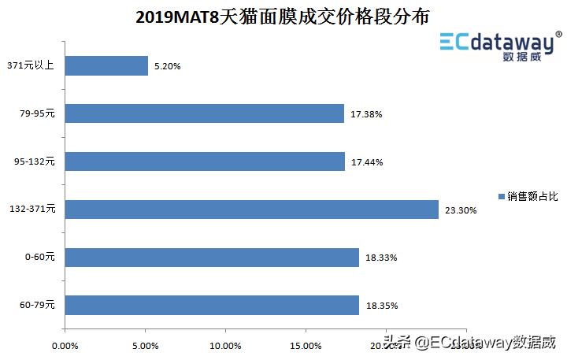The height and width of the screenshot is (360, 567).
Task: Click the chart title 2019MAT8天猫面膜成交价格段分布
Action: [283, 17]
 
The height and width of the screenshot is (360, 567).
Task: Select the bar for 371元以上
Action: [106, 66]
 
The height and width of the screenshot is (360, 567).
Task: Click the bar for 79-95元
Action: [204, 114]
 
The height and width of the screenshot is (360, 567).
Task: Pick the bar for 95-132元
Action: [205, 161]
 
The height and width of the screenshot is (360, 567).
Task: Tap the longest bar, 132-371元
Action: [251, 210]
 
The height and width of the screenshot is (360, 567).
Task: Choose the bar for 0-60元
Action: [212, 258]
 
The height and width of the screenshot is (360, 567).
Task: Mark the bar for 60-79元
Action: [212, 305]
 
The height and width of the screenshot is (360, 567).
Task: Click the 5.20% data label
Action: [167, 67]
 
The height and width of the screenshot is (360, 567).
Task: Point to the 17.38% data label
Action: [366, 115]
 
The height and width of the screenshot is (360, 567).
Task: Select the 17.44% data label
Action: [366, 162]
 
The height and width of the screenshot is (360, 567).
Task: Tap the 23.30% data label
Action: [461, 210]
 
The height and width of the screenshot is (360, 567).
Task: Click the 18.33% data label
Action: [381, 258]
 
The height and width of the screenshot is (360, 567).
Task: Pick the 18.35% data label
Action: [381, 306]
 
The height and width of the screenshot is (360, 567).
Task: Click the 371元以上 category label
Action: [31, 66]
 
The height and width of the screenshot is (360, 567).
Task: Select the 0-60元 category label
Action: [39, 258]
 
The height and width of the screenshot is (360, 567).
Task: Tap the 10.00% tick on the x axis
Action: [225, 345]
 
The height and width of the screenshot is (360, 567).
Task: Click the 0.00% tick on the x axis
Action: [65, 345]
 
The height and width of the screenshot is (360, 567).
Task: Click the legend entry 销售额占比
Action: [528, 195]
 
